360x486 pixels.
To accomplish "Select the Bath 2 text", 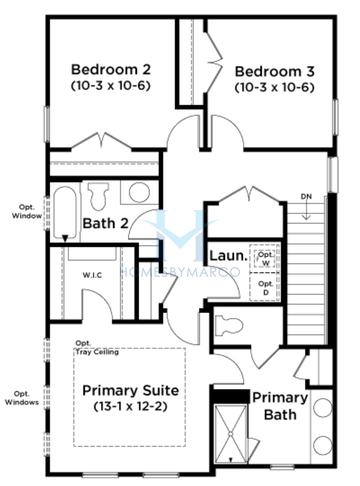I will tap(103, 223).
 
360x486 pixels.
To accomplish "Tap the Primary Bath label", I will tap(280, 405).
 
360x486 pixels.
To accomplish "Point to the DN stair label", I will tap(306, 196).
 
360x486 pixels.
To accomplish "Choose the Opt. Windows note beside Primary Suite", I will tap(22, 398).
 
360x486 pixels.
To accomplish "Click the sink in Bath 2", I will tap(138, 192).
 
